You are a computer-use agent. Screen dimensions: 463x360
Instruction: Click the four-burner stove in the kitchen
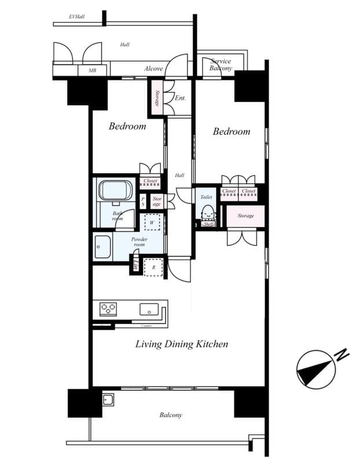(x=108, y=309)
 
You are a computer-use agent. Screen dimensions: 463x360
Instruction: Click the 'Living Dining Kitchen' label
(x=181, y=344)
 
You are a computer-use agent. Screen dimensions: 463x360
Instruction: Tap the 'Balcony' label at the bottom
(x=171, y=415)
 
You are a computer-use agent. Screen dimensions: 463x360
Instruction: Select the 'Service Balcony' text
(x=221, y=65)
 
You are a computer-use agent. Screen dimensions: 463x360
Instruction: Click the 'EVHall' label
(x=76, y=17)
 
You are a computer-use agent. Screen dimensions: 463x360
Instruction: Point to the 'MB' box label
(x=92, y=71)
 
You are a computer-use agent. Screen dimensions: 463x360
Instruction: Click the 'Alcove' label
(x=153, y=69)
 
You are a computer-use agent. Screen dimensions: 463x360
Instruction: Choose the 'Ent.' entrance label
(x=180, y=98)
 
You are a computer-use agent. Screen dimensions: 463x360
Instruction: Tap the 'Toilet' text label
(x=206, y=197)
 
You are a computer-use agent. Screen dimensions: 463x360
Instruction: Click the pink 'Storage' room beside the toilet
(x=245, y=216)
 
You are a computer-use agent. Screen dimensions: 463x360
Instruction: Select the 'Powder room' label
(x=139, y=242)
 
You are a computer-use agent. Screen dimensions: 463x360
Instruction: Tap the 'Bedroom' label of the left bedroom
(x=127, y=126)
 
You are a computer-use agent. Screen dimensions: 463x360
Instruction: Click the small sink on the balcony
(x=108, y=399)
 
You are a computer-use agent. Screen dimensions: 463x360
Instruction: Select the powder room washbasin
(x=102, y=248)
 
